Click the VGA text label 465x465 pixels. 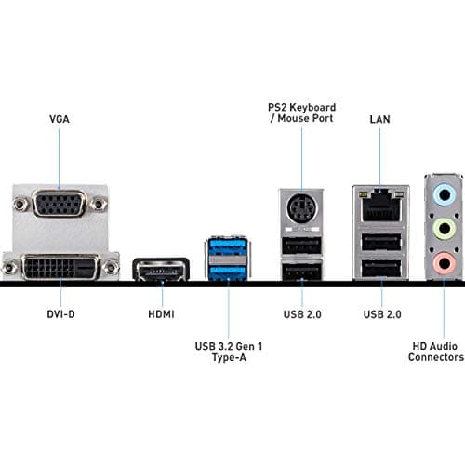59,119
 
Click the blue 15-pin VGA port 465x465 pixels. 60,203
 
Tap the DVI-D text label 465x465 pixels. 60,315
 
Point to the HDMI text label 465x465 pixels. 161,315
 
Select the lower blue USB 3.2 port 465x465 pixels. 227,271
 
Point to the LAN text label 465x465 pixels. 380,119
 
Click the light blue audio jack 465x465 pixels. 445,196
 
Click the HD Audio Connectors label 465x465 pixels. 435,351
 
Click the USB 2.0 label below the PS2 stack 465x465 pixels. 301,315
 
